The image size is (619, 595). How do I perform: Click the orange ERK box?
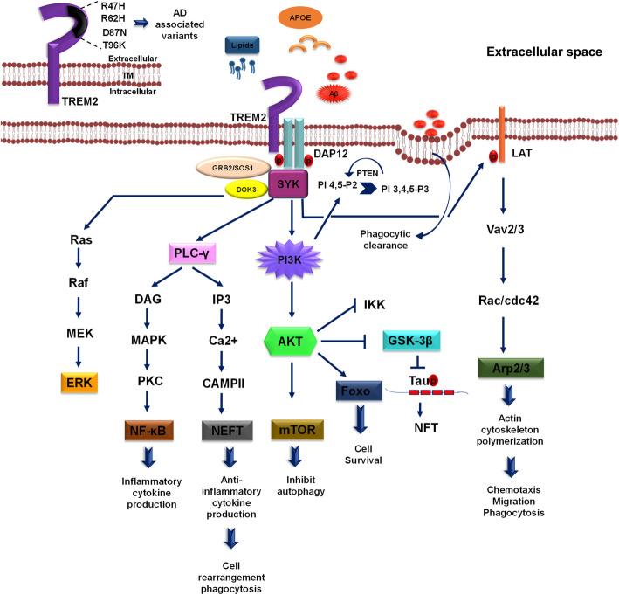point(79,382)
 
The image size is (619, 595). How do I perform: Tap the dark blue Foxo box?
point(358,389)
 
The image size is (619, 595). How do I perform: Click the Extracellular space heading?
point(544,52)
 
